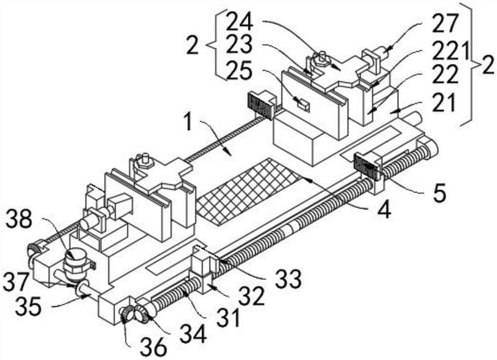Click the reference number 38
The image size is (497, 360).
[19, 219]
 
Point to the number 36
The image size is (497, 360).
[153, 347]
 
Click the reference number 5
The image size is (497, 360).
[440, 194]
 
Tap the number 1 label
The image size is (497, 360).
[189, 122]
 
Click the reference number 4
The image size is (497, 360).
[384, 210]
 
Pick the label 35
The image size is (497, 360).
[28, 306]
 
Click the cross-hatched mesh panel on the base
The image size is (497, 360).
[248, 192]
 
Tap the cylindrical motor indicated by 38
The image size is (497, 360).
[76, 263]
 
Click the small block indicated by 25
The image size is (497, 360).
[303, 104]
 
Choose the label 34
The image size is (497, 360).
[193, 335]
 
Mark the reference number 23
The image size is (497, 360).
[239, 44]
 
